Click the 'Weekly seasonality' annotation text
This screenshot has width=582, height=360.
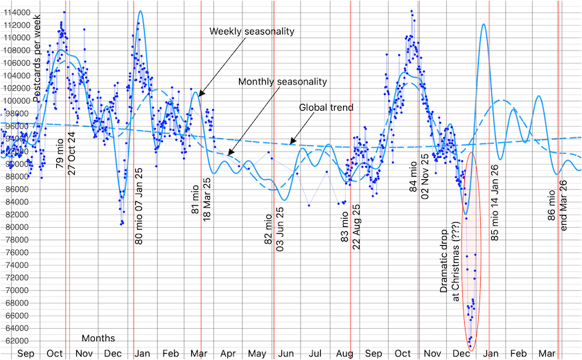(x=252, y=31)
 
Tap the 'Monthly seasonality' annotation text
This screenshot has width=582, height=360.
(x=283, y=82)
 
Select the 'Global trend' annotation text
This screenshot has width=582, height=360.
(x=326, y=107)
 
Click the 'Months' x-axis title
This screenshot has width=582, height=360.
(x=98, y=339)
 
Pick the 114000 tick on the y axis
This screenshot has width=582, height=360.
(x=15, y=13)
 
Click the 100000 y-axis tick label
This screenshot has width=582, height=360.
(x=15, y=101)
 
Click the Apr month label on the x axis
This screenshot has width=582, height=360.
(x=228, y=354)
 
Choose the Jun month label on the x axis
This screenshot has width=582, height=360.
(x=285, y=354)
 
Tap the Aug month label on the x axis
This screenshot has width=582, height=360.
(x=344, y=354)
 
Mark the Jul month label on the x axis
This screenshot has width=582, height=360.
(x=315, y=354)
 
